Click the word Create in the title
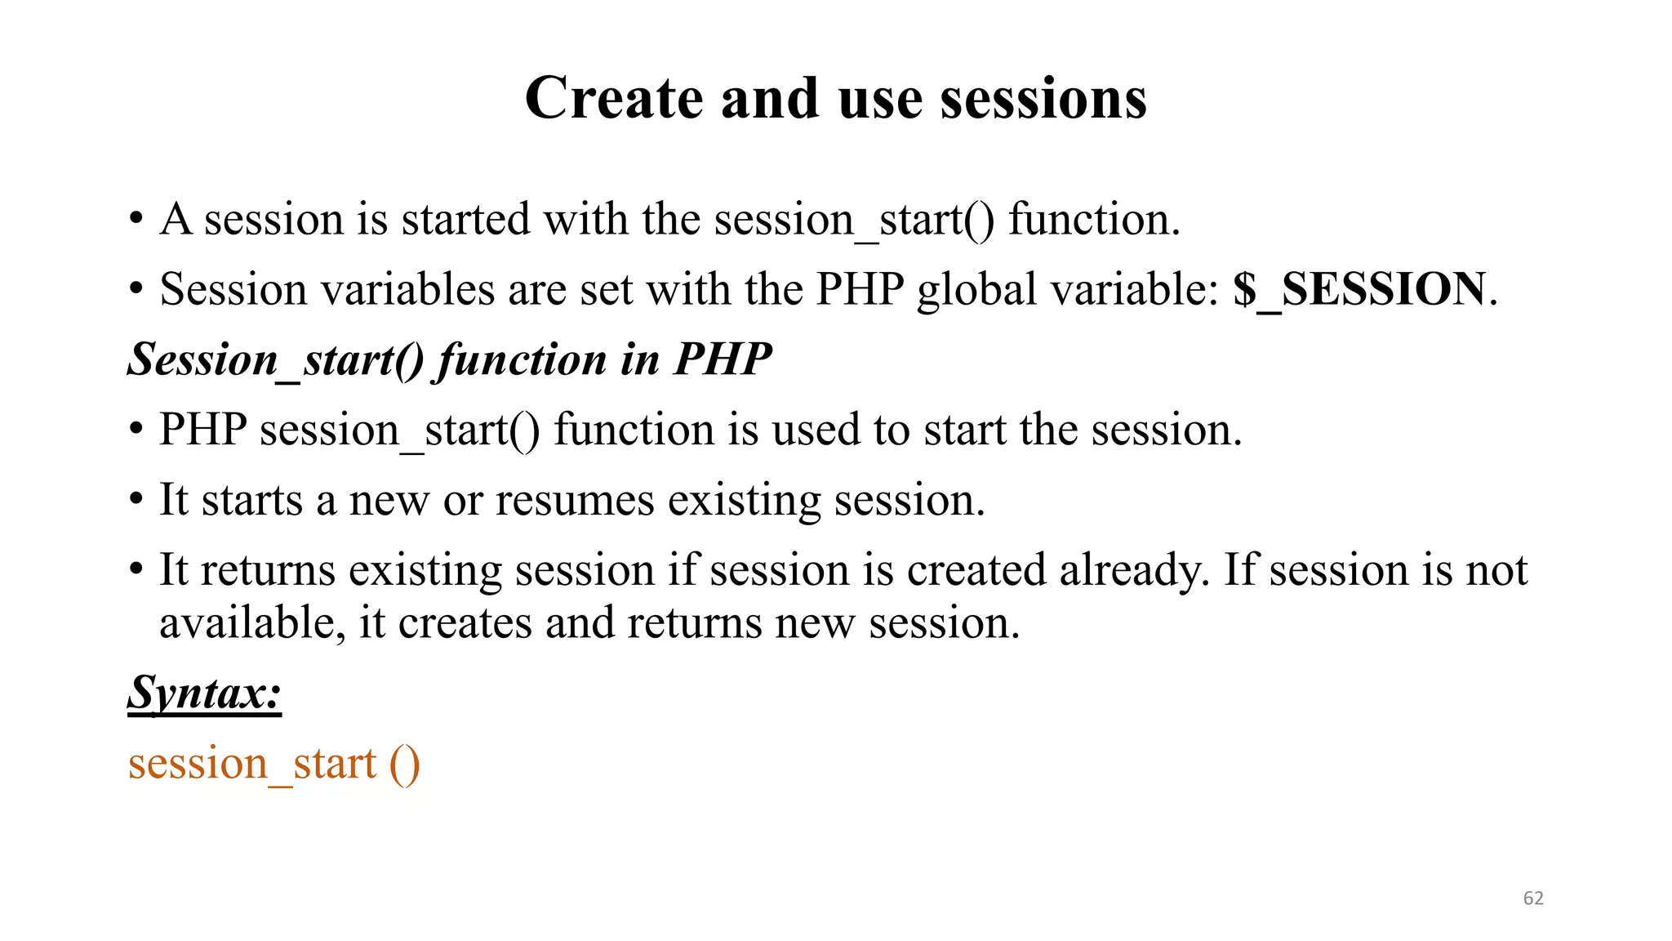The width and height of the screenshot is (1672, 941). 614,98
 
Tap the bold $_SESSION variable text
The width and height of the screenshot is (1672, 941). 1359,289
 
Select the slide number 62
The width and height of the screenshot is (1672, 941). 1533,899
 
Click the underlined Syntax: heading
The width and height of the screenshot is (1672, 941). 204,693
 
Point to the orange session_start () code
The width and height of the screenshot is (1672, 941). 273,764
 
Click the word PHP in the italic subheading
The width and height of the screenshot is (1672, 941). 722,359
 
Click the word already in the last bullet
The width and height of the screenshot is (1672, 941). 1134,570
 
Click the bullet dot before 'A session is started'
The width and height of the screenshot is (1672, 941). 136,220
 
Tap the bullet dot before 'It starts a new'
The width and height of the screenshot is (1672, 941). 136,500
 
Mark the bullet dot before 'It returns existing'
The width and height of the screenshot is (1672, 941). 136,570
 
